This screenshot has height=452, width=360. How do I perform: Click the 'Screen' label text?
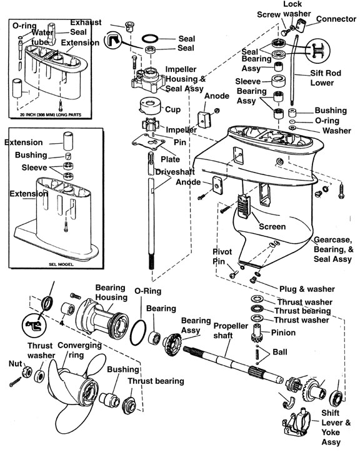click(272, 226)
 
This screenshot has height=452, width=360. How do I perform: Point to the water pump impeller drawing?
click(149, 125)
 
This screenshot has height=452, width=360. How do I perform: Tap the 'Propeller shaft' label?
click(231, 331)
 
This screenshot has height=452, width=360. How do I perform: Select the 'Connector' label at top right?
click(336, 19)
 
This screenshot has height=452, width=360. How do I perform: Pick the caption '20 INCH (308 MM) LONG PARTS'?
click(51, 115)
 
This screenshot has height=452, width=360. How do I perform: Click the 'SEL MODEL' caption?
click(61, 264)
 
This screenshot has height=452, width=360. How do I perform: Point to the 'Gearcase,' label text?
click(333, 240)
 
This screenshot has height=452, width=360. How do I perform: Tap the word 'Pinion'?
click(283, 333)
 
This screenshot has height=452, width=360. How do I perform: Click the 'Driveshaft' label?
click(175, 172)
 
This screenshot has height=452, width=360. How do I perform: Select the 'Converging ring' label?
click(79, 349)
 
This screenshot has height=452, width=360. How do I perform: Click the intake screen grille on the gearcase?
click(244, 206)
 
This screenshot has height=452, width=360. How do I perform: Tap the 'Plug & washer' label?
click(307, 289)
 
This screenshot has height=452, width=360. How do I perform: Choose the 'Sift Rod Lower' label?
click(326, 78)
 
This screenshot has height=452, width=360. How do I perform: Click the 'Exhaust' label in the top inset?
click(86, 23)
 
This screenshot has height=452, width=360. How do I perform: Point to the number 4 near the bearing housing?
click(61, 323)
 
